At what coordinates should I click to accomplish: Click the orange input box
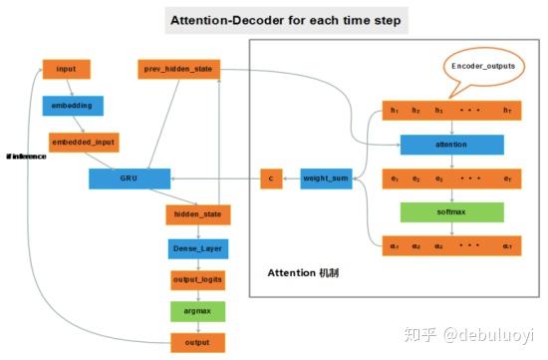coord(66,70)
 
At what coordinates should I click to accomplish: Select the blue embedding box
coord(73,105)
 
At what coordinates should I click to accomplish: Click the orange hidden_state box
coord(198,213)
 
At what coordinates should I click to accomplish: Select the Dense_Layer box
coord(198,247)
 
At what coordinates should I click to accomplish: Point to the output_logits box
coord(198,280)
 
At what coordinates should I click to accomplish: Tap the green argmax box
coord(198,311)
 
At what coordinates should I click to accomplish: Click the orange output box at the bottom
coord(198,343)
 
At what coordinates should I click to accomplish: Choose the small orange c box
coord(272,180)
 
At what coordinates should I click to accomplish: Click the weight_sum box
coord(326,180)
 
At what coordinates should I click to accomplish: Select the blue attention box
coord(451,145)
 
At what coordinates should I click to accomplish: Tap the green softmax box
coord(451,211)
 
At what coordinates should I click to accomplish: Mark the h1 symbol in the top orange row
coord(396,111)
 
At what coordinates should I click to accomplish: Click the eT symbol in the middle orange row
coord(507,180)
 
